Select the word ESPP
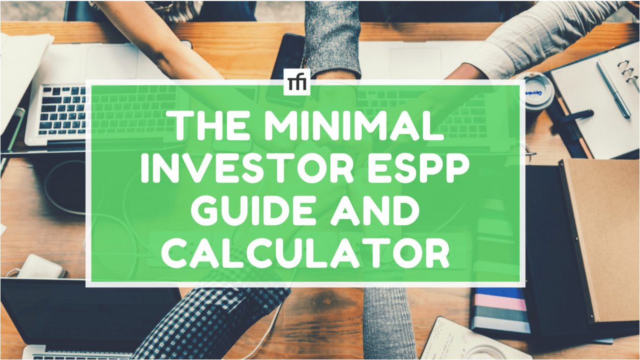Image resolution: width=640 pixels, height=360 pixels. point(410,168)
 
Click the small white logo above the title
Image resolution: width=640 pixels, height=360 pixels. point(296,82)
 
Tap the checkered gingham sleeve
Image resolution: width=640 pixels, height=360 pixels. point(205,323)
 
